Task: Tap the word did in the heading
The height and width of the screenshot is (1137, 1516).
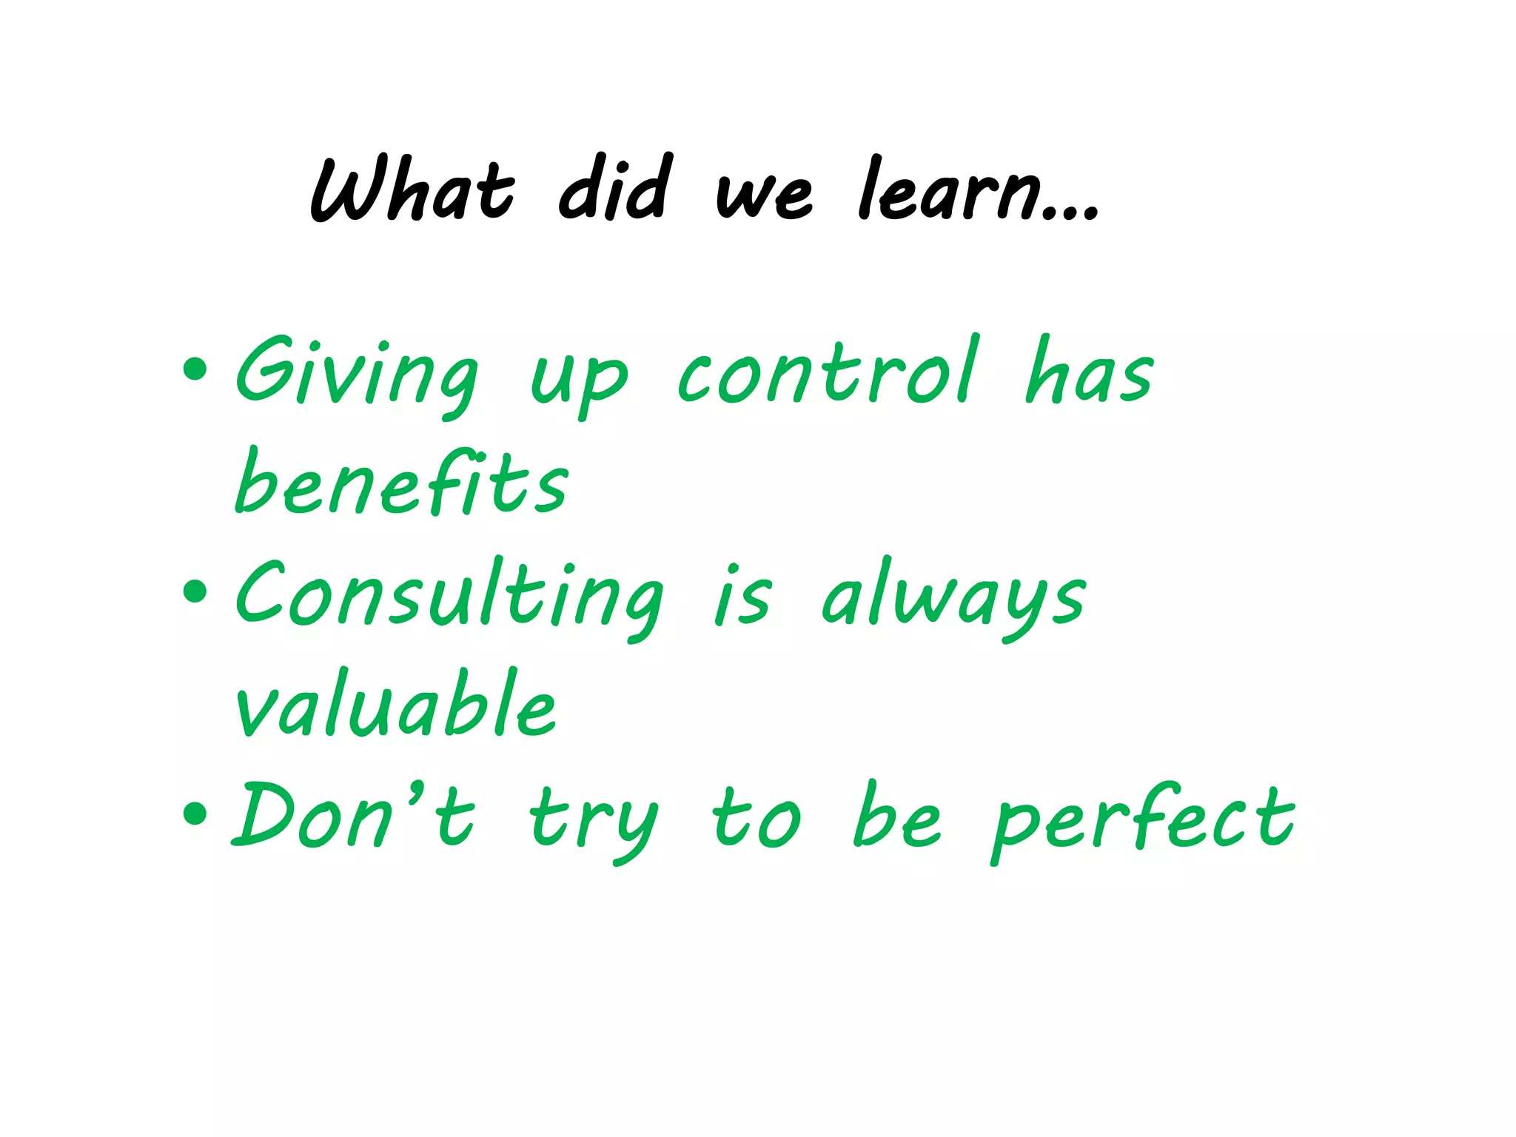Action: tap(616, 189)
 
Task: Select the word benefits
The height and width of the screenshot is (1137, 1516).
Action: tap(401, 483)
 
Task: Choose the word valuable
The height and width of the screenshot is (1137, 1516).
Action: tap(395, 705)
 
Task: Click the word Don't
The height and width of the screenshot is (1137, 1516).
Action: tap(352, 816)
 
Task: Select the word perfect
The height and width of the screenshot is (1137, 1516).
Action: tap(1143, 820)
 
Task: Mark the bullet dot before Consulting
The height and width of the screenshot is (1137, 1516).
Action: tap(195, 591)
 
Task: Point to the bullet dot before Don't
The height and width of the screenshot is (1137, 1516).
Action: tap(195, 814)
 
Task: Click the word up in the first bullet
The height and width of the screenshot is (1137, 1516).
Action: tap(579, 381)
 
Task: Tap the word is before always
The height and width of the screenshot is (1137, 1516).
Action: tap(742, 598)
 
